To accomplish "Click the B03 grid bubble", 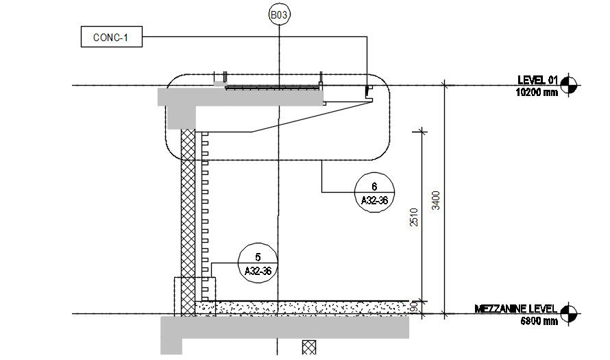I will click(278, 14).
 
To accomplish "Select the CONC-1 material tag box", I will click(111, 37).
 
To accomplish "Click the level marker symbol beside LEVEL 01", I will click(568, 85).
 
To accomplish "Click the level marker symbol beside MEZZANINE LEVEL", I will click(568, 313).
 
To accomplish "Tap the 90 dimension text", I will click(414, 307).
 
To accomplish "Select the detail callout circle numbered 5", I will click(258, 263).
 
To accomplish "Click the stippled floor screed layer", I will click(308, 307).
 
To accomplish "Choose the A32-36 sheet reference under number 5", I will click(258, 272).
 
